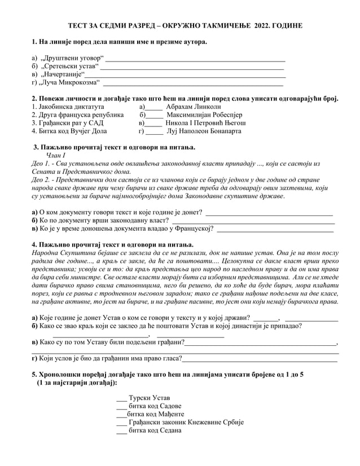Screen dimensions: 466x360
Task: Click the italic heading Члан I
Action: coord(56,155)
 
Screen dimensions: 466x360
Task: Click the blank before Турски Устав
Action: coord(121,398)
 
